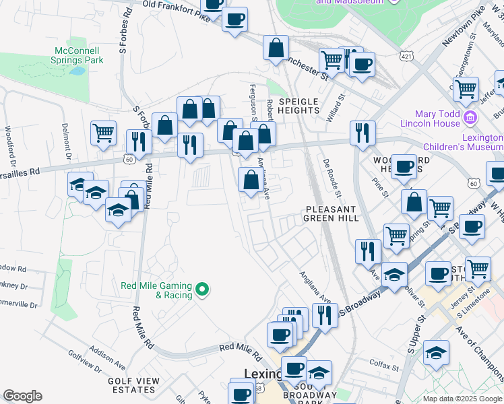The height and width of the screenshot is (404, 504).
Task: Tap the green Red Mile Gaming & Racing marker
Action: pos(201,291)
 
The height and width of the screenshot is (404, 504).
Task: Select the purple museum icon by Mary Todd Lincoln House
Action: pos(471,119)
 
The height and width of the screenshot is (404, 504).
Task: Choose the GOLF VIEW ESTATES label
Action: pos(133,385)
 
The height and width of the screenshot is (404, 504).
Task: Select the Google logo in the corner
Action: pos(22,396)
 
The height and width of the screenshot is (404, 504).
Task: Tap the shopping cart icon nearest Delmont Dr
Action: pos(103,133)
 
